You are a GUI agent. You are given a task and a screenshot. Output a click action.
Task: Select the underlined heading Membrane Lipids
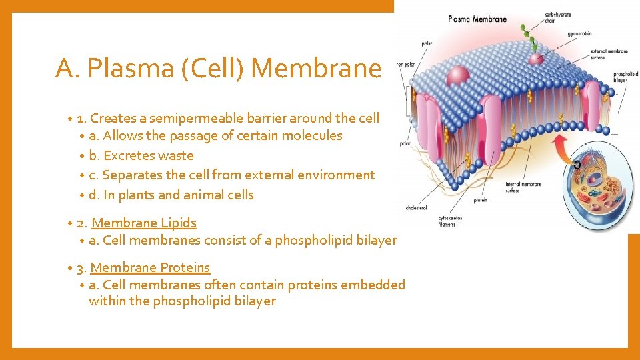tap(144, 223)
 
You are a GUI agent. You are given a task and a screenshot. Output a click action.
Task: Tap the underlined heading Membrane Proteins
tap(150, 267)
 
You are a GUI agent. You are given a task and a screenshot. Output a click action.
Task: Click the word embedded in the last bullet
tap(373, 285)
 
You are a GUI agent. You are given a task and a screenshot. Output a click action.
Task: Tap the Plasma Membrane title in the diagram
tap(477, 19)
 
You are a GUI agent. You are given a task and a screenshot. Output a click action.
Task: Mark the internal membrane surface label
tap(524, 187)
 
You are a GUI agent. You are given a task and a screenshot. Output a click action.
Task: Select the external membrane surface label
tap(609, 55)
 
